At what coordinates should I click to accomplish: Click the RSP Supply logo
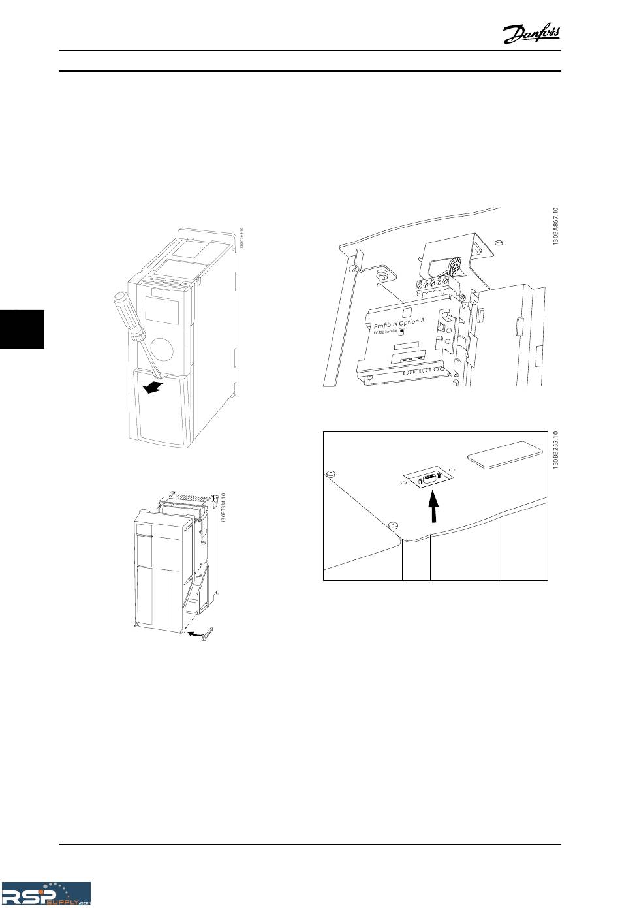pyautogui.click(x=46, y=893)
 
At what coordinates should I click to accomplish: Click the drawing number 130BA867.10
pyautogui.click(x=555, y=226)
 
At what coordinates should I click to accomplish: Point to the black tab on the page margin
pyautogui.click(x=22, y=330)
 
